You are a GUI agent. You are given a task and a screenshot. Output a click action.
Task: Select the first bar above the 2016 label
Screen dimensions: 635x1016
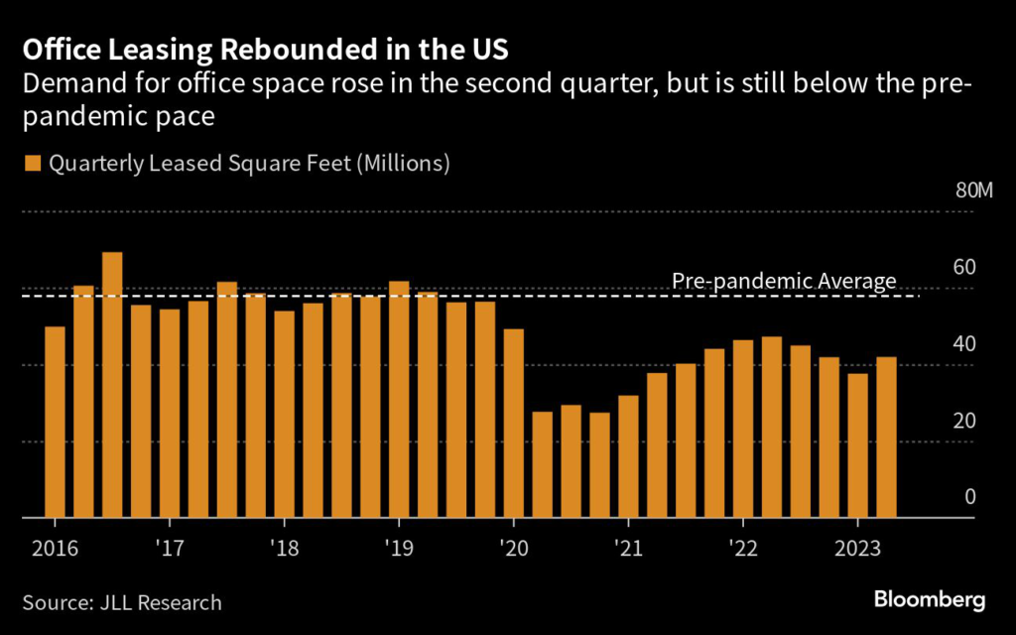(x=55, y=422)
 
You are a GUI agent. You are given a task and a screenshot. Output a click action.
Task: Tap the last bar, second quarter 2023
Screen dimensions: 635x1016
(x=886, y=437)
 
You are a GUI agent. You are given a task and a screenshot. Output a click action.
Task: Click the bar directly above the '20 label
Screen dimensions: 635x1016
(x=514, y=423)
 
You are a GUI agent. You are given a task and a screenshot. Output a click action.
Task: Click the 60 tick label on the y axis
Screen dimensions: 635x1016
(x=965, y=267)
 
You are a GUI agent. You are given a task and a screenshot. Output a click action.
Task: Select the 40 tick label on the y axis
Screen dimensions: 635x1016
(x=965, y=343)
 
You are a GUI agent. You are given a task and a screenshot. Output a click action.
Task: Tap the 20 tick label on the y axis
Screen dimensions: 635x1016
(x=965, y=420)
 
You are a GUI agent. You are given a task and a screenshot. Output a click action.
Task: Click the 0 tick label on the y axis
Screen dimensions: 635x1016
(x=970, y=496)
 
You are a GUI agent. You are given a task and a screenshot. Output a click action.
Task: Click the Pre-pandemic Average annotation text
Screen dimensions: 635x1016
(x=784, y=282)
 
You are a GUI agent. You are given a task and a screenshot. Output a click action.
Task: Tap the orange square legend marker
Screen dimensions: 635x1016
(x=33, y=163)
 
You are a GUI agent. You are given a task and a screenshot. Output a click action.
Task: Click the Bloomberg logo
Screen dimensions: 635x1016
(x=930, y=599)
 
